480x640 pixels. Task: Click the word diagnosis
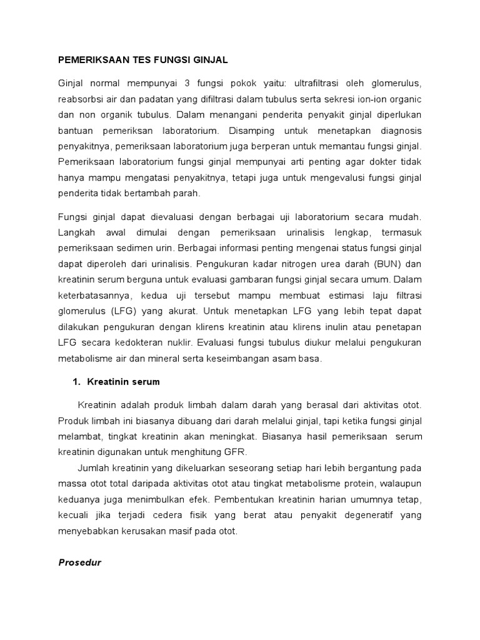[396, 131]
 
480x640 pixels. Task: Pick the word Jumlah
[92, 467]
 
